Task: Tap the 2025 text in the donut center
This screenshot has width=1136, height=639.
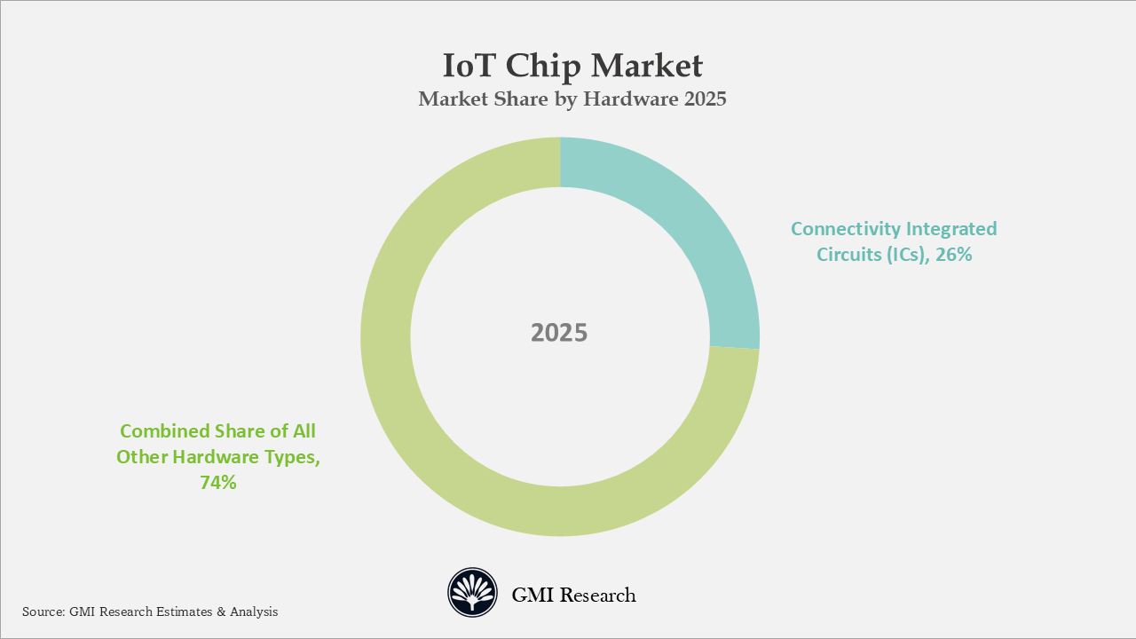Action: pos(559,333)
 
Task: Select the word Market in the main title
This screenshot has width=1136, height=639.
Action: pos(647,66)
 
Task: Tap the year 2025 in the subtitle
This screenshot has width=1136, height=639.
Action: pos(706,99)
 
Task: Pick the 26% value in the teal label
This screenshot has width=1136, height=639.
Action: pos(955,256)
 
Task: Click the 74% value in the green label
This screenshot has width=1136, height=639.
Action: pos(217,484)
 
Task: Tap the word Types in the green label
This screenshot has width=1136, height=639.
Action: pos(292,458)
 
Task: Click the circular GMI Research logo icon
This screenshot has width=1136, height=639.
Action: pos(472,593)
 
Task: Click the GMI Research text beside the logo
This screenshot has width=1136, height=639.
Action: pos(573,595)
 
